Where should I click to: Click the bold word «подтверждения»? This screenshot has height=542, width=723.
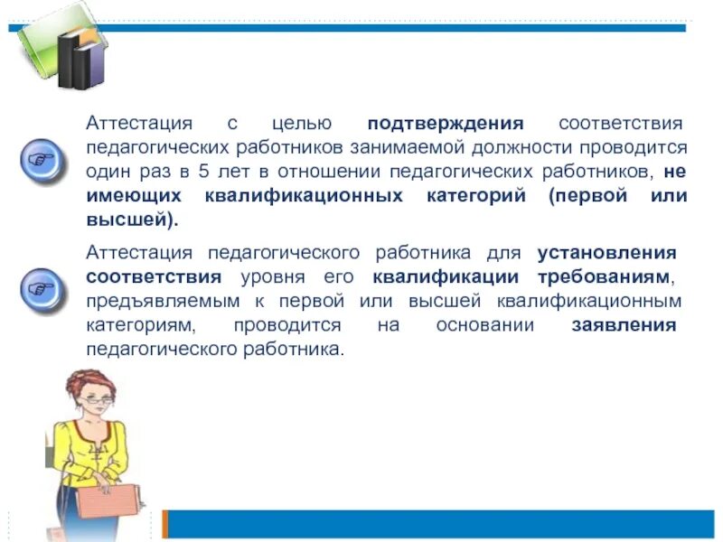(446, 123)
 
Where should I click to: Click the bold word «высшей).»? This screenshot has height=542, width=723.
(132, 220)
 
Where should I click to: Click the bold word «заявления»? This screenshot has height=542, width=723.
(624, 324)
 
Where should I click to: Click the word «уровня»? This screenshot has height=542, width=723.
(268, 276)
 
